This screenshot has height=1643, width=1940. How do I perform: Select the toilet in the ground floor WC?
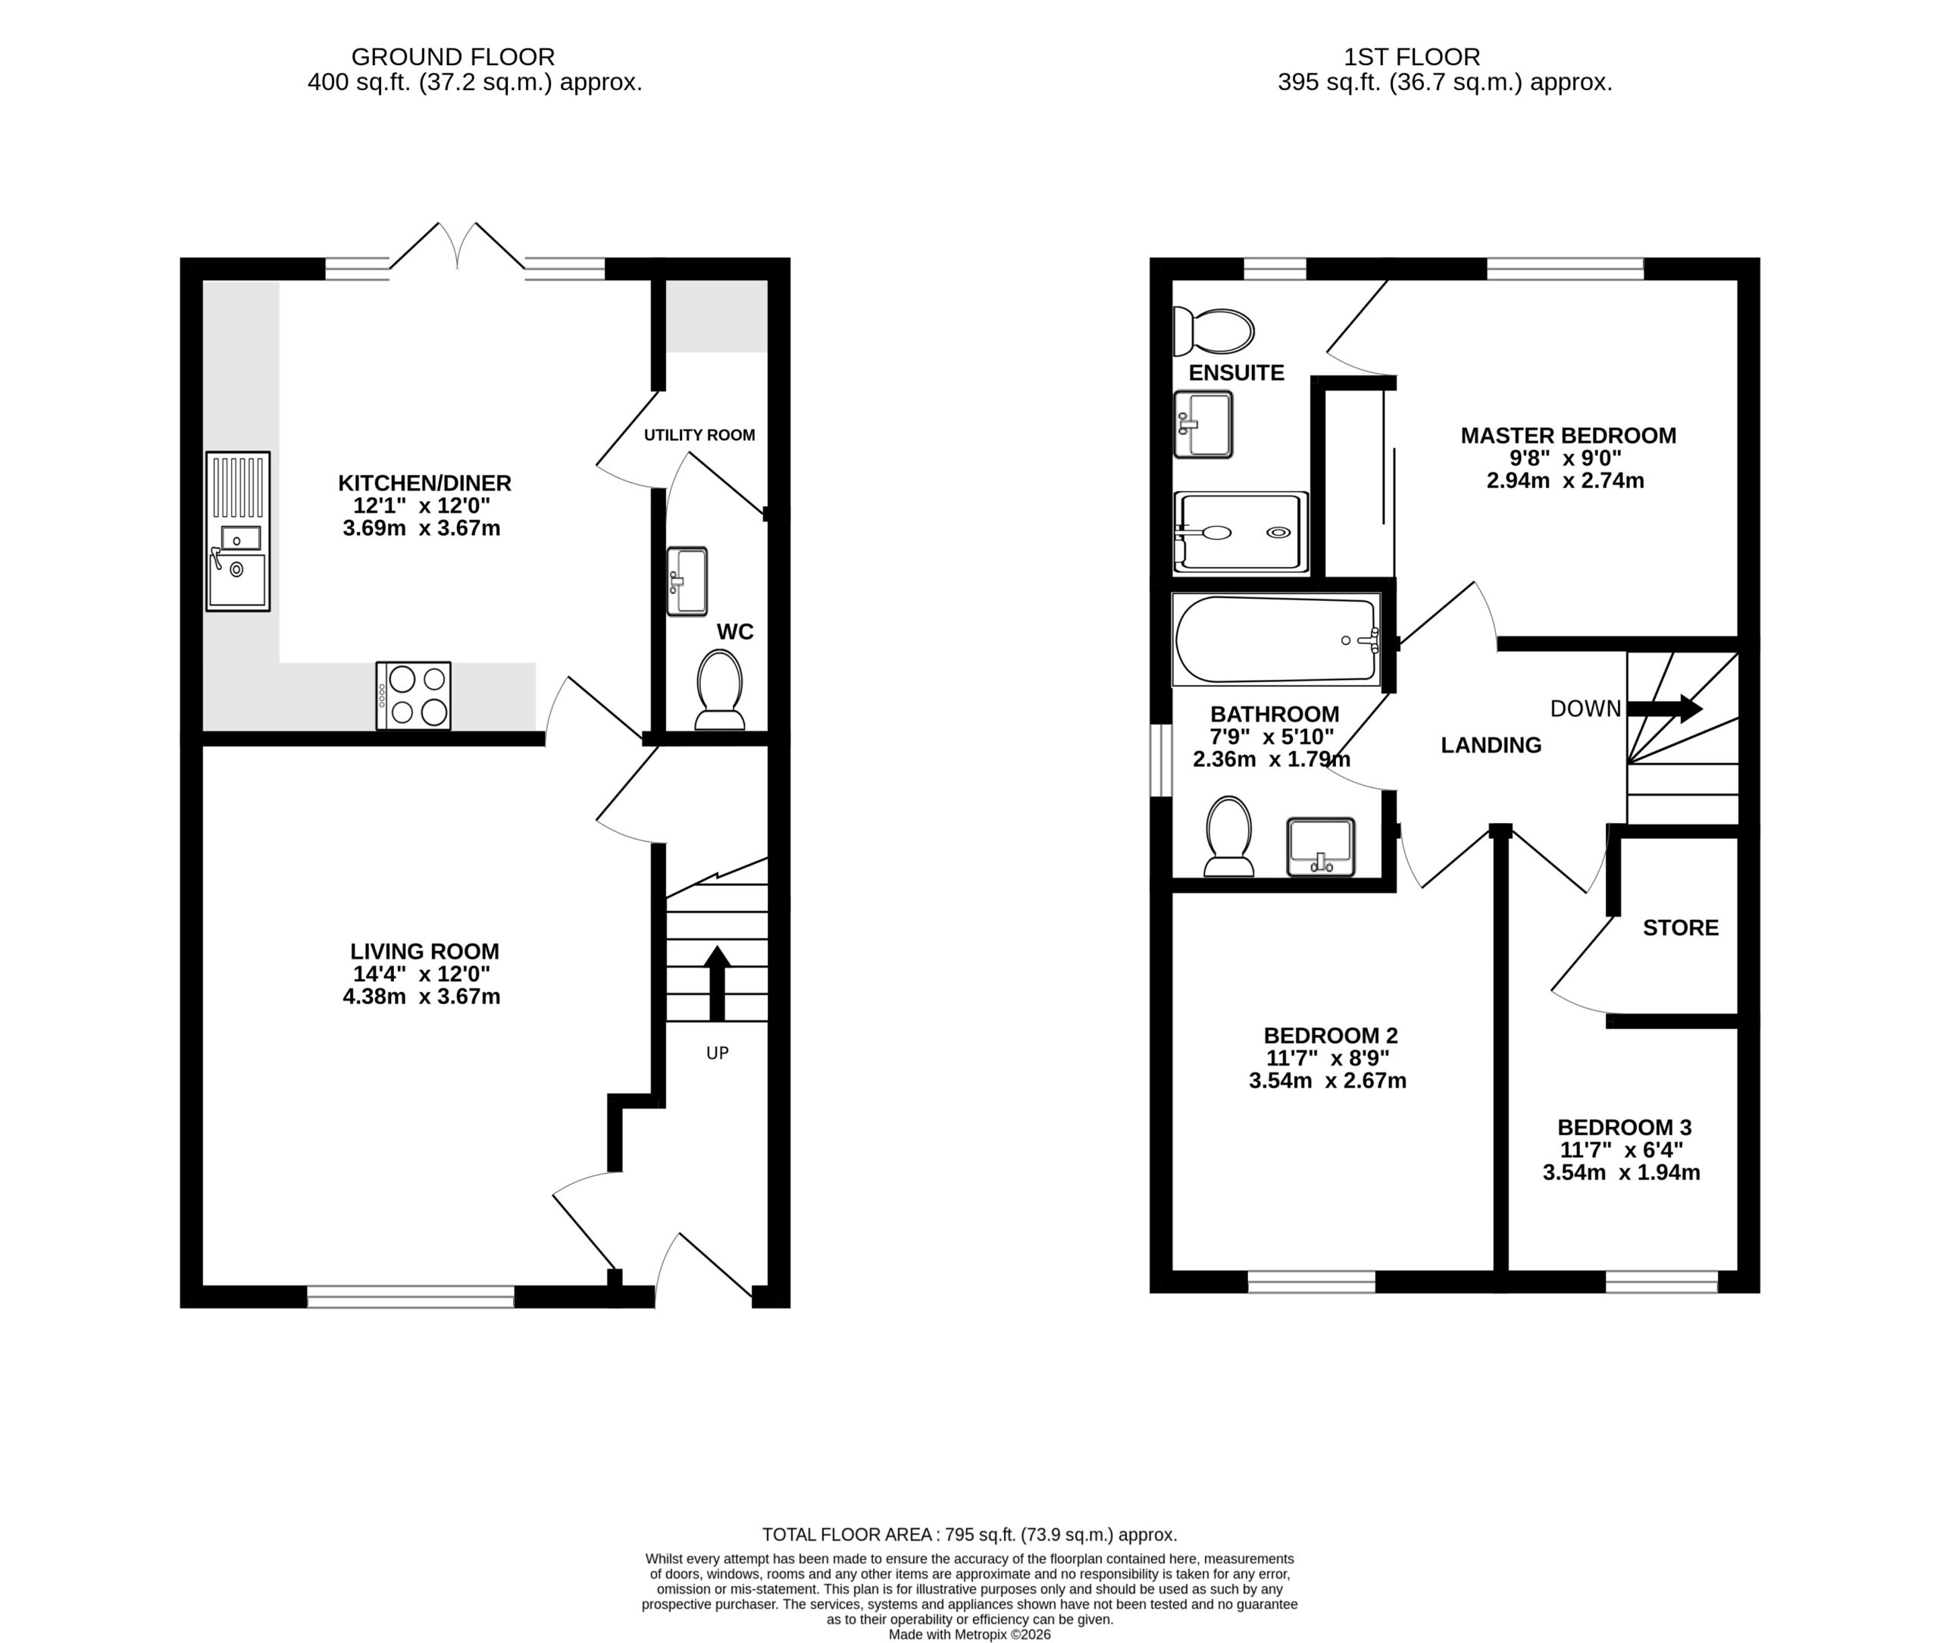pyautogui.click(x=720, y=689)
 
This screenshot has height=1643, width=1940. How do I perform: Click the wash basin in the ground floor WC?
pyautogui.click(x=687, y=581)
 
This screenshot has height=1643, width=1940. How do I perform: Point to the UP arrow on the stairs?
pyautogui.click(x=716, y=983)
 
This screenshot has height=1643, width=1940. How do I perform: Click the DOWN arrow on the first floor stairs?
pyautogui.click(x=1664, y=709)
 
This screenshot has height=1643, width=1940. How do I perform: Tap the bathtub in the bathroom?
pyautogui.click(x=1277, y=640)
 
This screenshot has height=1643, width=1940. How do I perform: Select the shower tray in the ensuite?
pyautogui.click(x=1241, y=532)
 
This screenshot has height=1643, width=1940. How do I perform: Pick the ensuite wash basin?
pyautogui.click(x=1203, y=424)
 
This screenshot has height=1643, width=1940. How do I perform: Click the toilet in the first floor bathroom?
pyautogui.click(x=1228, y=837)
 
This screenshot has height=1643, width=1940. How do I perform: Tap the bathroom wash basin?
pyautogui.click(x=1321, y=847)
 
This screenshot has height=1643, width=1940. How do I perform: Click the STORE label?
pyautogui.click(x=1680, y=928)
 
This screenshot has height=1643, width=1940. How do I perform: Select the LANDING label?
pyautogui.click(x=1491, y=745)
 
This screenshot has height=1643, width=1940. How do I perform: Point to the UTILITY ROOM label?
pyautogui.click(x=699, y=435)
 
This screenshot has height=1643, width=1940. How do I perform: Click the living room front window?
pyautogui.click(x=411, y=1297)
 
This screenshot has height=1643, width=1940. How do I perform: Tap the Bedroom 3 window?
pyautogui.click(x=1662, y=1282)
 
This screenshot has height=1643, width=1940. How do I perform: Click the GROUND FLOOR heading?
pyautogui.click(x=452, y=57)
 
